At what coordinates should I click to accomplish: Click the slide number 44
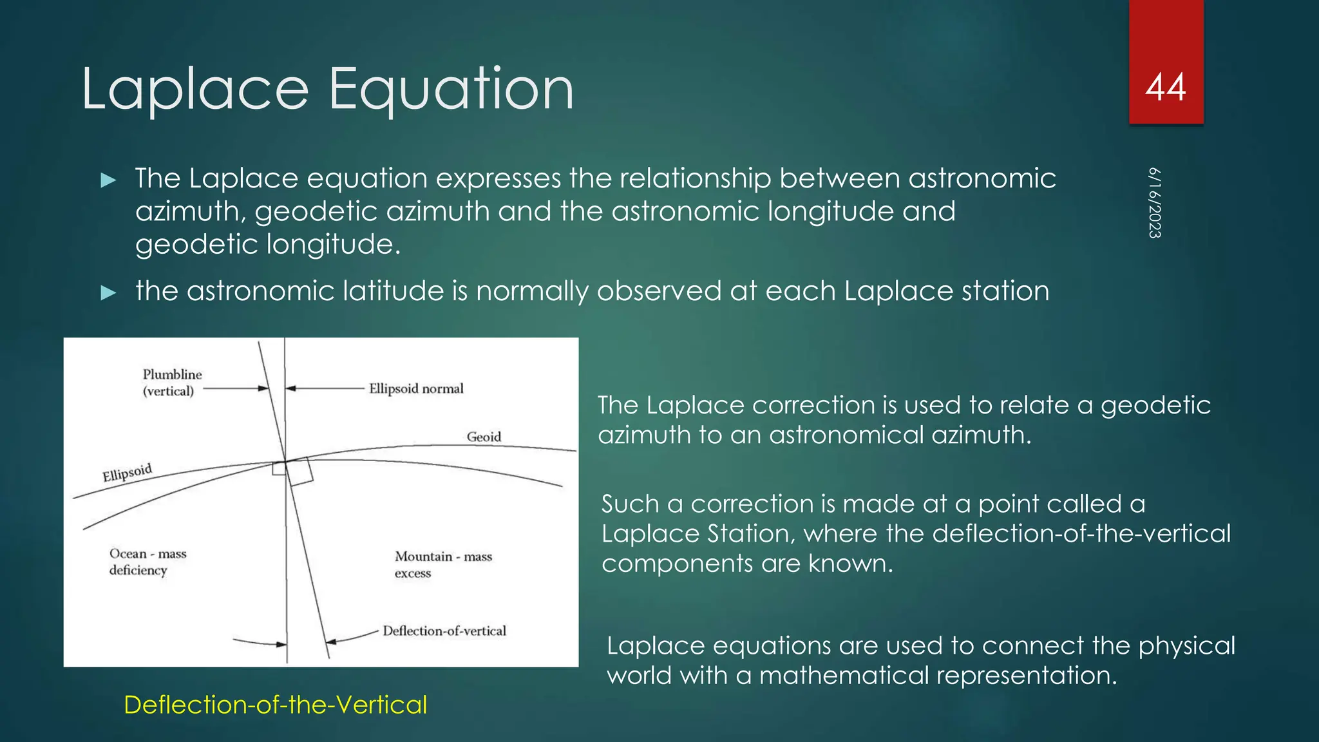point(1165,88)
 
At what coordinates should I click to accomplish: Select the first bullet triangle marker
point(109,180)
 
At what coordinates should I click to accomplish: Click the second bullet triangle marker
point(109,293)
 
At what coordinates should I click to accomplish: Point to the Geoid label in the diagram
point(484,437)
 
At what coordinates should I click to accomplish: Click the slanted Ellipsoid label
point(127,472)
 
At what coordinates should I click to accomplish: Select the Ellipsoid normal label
point(416,388)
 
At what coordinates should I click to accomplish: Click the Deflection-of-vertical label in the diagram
point(444,631)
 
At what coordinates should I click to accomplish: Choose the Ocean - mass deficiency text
point(147,562)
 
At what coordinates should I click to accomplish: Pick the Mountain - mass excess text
point(443,564)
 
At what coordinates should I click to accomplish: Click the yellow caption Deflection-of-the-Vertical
point(275,705)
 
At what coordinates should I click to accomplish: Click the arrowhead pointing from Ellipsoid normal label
point(290,388)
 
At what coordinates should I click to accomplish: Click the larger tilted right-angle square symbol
point(300,471)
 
